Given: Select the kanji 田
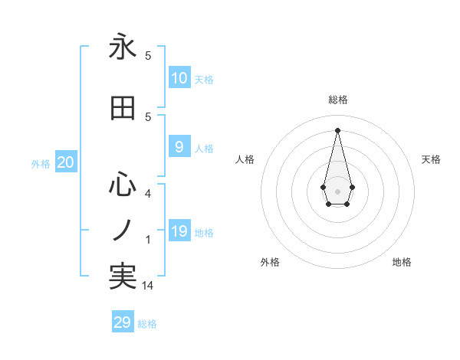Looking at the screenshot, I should (123, 109).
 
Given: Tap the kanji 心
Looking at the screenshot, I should (123, 185).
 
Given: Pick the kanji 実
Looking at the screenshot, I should (123, 277).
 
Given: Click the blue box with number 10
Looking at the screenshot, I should (179, 78).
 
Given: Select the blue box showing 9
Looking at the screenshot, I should (179, 147).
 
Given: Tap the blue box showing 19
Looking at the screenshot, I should (179, 231).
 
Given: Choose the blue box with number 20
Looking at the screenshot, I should (65, 162).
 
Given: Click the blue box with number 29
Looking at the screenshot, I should (123, 322).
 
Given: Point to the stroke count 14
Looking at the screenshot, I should (148, 285).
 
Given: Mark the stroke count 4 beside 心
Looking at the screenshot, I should (148, 194).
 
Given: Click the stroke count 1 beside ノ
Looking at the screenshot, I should (148, 240).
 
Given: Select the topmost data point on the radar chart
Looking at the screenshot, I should (337, 129).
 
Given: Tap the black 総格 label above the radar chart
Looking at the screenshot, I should (337, 100).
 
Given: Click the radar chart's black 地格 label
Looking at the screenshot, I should (402, 262).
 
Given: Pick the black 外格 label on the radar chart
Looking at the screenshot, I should (270, 262).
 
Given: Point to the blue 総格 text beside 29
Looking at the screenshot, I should (147, 324).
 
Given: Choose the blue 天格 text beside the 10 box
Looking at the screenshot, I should (204, 80).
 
